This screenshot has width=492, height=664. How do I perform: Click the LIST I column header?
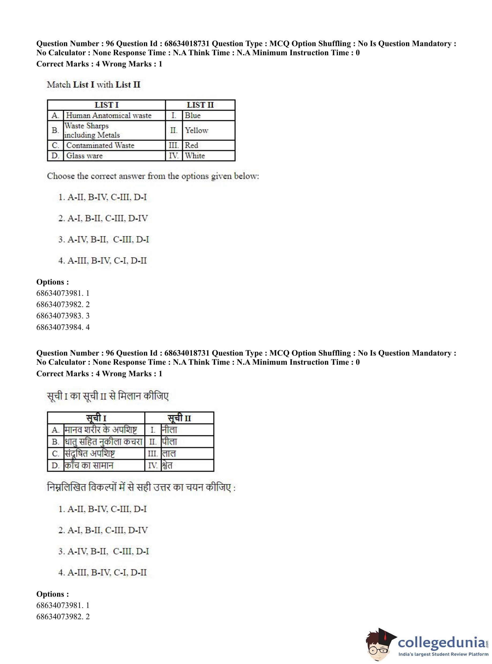106,105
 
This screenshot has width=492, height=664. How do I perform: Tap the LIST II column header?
200,105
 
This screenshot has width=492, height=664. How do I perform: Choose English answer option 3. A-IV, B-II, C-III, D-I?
103,239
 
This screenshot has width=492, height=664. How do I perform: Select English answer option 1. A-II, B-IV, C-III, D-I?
102,197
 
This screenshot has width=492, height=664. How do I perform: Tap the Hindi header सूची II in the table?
179,418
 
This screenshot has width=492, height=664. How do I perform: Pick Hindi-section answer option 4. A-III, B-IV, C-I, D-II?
102,572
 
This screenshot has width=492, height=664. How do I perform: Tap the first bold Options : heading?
53,282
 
